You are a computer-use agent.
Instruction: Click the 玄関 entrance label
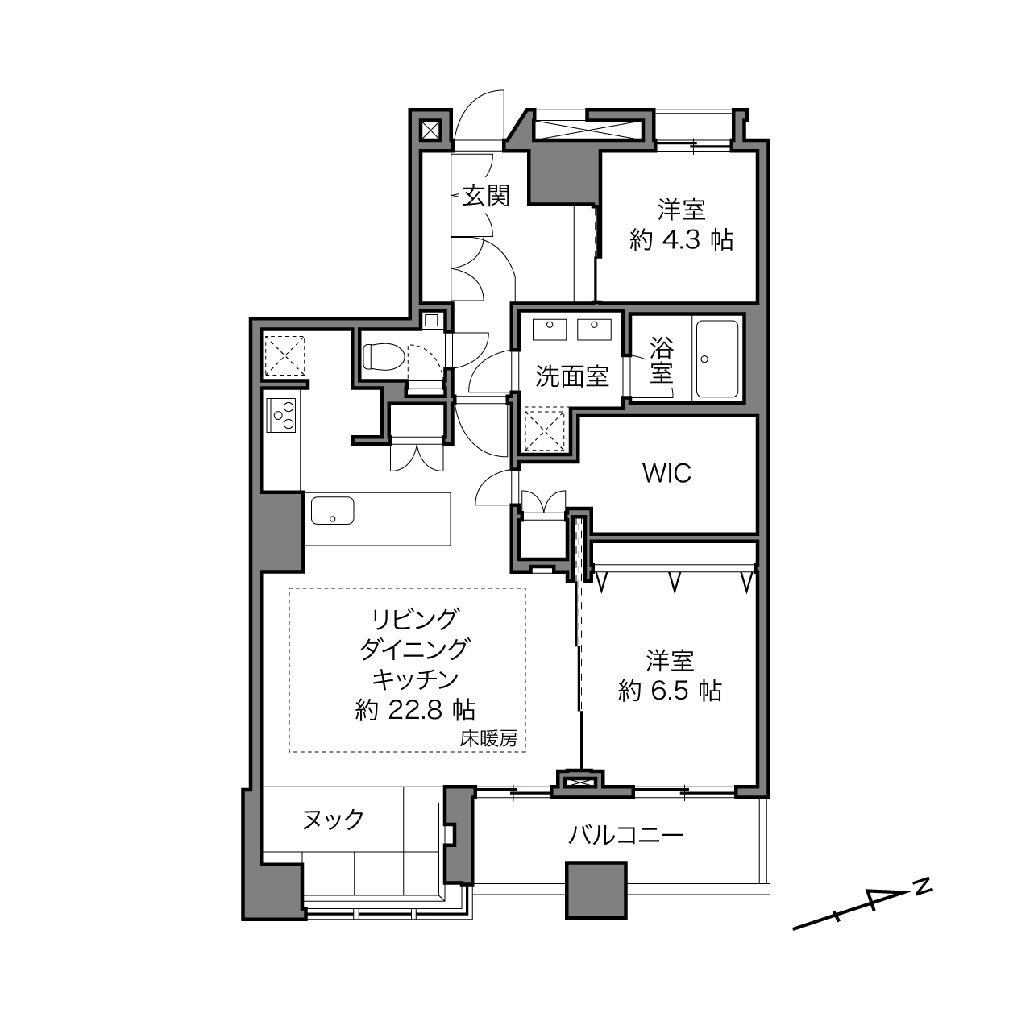(486, 195)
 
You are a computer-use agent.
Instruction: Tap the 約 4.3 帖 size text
(681, 239)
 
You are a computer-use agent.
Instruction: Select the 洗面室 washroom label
(571, 376)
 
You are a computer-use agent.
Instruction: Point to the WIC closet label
(666, 473)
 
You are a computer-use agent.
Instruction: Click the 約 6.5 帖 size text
(670, 691)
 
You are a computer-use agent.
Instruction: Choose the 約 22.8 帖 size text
(415, 709)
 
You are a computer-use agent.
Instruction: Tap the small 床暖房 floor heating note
(488, 737)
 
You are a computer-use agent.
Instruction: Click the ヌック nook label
(333, 820)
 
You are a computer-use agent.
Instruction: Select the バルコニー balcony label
(626, 835)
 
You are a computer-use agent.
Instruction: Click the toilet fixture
(382, 355)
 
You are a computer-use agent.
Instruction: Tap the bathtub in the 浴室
(717, 359)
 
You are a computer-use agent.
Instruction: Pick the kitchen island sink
(332, 510)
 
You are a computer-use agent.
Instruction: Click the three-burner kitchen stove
(282, 416)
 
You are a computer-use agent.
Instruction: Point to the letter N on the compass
(923, 885)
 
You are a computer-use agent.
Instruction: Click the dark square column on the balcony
(596, 890)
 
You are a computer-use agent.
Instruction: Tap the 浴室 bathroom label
(661, 360)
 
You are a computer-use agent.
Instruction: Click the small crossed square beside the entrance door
(430, 130)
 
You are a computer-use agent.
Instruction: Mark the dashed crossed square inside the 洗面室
(544, 430)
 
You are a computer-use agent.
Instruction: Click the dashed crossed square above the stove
(284, 355)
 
